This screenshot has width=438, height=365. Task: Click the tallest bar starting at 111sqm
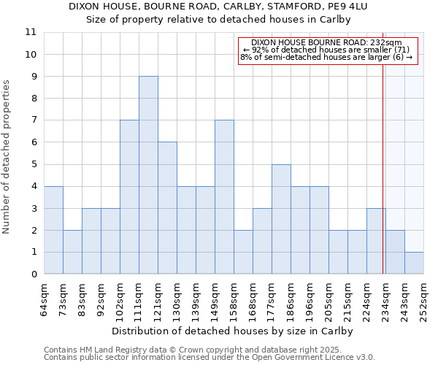click(x=148, y=175)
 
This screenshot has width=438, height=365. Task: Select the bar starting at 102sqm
click(x=129, y=197)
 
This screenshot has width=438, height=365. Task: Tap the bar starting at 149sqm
click(x=224, y=197)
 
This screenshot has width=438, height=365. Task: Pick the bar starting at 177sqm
click(x=281, y=219)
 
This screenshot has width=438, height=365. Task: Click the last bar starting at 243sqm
click(x=414, y=263)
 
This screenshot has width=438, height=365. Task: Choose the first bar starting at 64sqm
click(x=53, y=230)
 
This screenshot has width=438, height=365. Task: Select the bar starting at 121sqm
click(x=167, y=208)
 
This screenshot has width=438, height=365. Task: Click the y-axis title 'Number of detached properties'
click(x=7, y=157)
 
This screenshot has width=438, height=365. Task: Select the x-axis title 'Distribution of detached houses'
click(x=234, y=331)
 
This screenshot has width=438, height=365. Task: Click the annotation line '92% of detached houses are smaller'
click(x=328, y=50)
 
